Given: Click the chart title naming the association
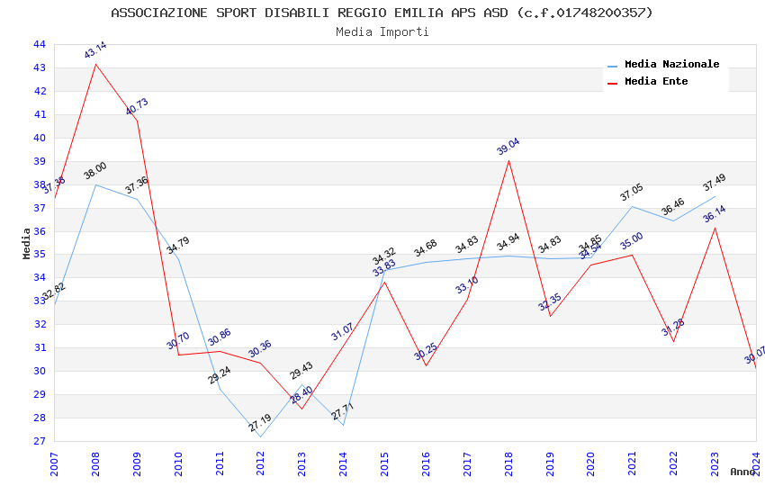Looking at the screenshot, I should pyautogui.click(x=382, y=13).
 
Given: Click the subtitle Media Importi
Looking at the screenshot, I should pyautogui.click(x=382, y=31).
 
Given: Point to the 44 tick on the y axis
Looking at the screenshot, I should pyautogui.click(x=39, y=44).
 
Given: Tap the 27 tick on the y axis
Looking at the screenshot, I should pyautogui.click(x=39, y=441).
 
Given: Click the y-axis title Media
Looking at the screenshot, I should pyautogui.click(x=27, y=242).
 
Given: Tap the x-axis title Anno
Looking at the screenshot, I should pyautogui.click(x=743, y=472).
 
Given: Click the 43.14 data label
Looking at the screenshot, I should pyautogui.click(x=95, y=50).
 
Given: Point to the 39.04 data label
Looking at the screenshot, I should pyautogui.click(x=508, y=147).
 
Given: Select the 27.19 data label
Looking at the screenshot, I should pyautogui.click(x=260, y=423).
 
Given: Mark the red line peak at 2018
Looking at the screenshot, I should pyautogui.click(x=508, y=160).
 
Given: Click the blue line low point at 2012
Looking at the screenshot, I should pyautogui.click(x=260, y=436).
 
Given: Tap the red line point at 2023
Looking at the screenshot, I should pyautogui.click(x=715, y=228).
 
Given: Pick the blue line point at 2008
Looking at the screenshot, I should pyautogui.click(x=95, y=184).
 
